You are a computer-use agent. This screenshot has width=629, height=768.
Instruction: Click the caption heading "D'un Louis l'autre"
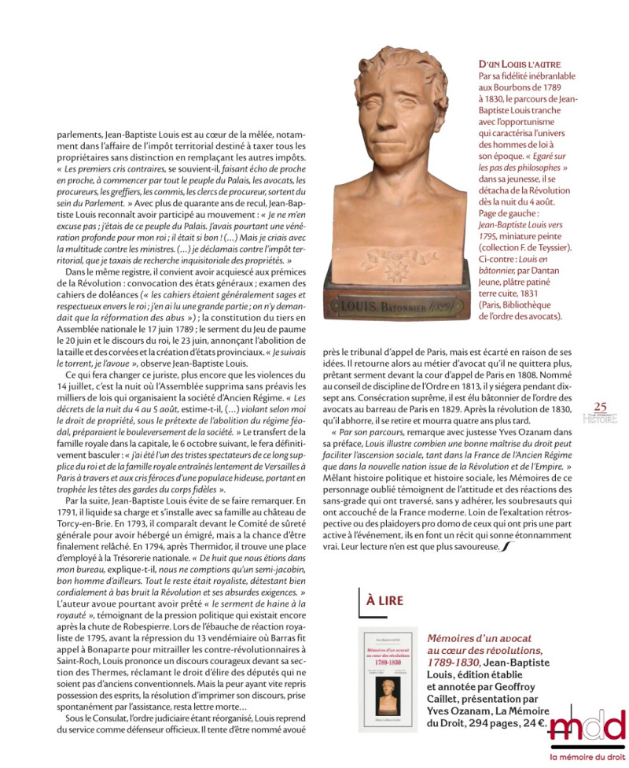click(x=520, y=63)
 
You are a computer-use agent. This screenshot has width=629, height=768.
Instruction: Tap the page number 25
click(x=600, y=406)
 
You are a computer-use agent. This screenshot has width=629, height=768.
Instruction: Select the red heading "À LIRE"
click(x=384, y=600)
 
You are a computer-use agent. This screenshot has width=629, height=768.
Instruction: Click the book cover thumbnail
click(x=388, y=678)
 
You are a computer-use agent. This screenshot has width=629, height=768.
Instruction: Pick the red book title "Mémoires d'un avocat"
click(x=479, y=638)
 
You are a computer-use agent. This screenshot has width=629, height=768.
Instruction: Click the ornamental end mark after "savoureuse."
click(x=504, y=546)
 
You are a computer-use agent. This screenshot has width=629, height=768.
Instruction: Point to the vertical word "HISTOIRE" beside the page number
click(x=600, y=418)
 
